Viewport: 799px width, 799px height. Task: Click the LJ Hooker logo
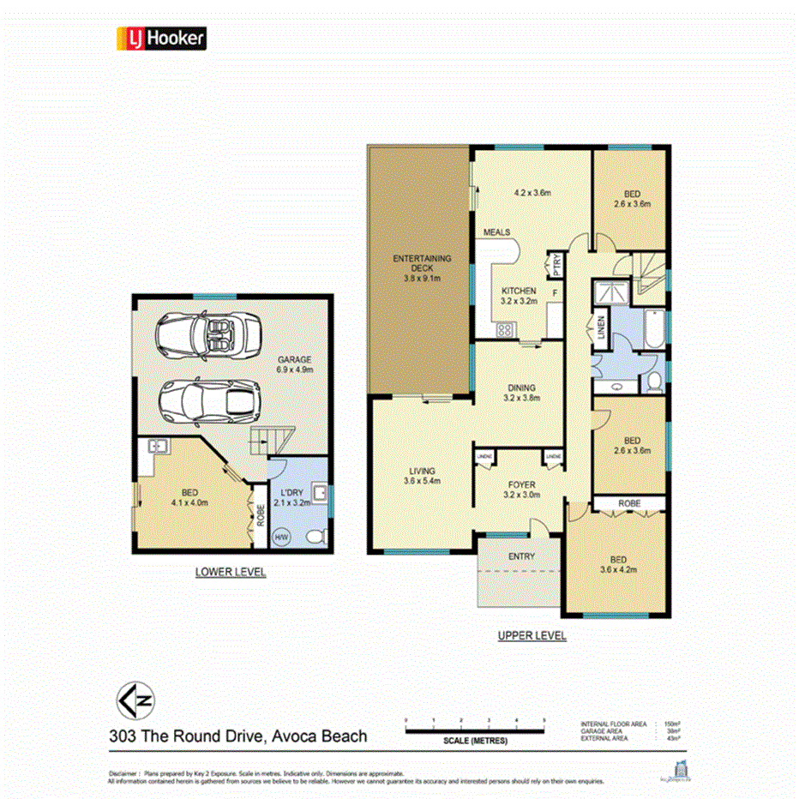coord(160,38)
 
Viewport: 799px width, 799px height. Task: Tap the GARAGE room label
coord(294,360)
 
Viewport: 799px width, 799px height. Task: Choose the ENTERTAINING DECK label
coord(421,262)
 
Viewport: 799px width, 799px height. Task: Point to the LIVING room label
coord(422,471)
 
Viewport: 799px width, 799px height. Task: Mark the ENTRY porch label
coord(521,556)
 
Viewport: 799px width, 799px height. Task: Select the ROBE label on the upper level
coord(630,503)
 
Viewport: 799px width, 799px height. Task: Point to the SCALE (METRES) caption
coord(475,741)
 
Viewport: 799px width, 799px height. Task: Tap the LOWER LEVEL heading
coord(230,572)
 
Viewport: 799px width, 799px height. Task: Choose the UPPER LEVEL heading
coord(532,636)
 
